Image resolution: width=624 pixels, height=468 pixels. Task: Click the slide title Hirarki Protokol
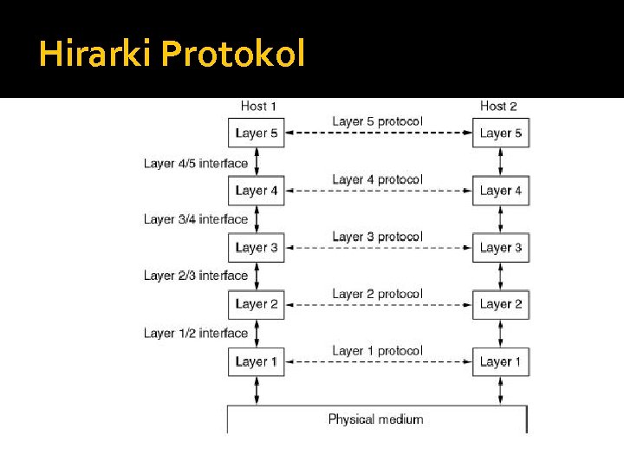tap(172, 55)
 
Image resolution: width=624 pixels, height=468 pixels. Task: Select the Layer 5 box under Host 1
tap(257, 133)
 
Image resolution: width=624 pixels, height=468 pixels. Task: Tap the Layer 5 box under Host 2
tap(501, 133)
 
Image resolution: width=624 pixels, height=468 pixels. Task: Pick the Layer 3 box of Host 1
tap(257, 248)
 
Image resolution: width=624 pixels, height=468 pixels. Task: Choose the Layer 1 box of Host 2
tap(501, 361)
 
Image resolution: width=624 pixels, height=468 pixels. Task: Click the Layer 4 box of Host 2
tap(501, 191)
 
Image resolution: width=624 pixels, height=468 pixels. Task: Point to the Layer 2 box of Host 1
tap(257, 304)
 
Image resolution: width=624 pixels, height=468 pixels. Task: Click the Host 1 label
tap(258, 106)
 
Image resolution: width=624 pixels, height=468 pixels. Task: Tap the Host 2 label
tap(498, 106)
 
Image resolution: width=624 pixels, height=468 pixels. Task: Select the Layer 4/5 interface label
tap(196, 163)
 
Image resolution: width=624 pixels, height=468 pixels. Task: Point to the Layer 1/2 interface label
tap(196, 333)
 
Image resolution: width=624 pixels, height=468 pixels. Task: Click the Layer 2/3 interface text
tap(196, 276)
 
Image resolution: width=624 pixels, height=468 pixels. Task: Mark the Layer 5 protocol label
tap(377, 121)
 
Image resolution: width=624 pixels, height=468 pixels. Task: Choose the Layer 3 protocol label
tap(377, 237)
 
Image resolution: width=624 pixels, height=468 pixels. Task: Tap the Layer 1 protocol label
tap(377, 351)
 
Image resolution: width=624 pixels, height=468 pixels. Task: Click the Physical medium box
tap(376, 419)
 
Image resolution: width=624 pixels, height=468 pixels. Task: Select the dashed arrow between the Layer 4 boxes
tap(378, 191)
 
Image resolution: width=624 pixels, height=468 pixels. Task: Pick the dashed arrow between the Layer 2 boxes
tap(378, 305)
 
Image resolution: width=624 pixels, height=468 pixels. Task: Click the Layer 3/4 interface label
tap(196, 219)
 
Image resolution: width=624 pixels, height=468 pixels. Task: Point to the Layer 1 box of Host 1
tap(257, 361)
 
